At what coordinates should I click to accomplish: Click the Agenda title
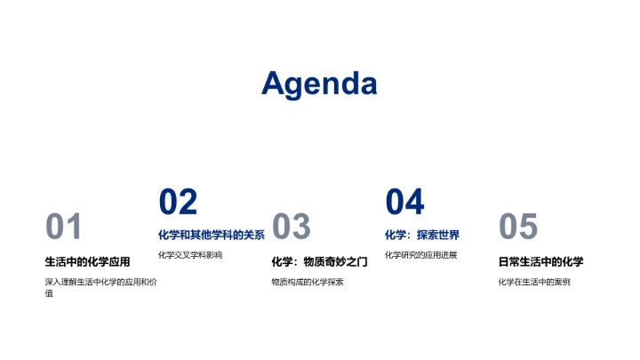pos(319,84)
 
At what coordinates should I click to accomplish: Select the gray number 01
pos(64,228)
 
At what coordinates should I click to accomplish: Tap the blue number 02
pos(178,203)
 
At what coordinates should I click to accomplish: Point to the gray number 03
pos(291,228)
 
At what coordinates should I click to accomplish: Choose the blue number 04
pos(404,203)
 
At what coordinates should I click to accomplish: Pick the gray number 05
pos(517,228)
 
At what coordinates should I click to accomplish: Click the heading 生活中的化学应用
pos(87,261)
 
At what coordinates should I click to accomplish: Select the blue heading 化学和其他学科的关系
pos(211,236)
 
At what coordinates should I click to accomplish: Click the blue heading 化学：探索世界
pos(422,236)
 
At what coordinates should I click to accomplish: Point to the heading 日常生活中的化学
pos(540,261)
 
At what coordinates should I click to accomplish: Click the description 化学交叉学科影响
pos(190,255)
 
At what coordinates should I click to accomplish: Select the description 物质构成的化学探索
pos(307,282)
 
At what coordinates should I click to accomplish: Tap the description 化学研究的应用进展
pos(420,255)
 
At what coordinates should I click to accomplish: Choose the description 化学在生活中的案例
pos(533,282)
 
